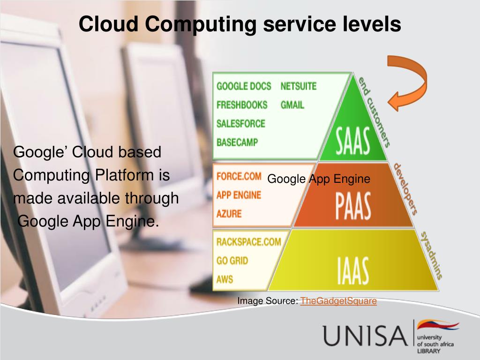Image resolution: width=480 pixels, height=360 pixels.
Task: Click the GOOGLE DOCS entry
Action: pyautogui.click(x=244, y=86)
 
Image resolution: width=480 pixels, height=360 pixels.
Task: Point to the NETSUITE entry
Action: pyautogui.click(x=299, y=86)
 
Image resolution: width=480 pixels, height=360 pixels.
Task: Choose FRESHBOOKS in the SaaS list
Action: pyautogui.click(x=242, y=105)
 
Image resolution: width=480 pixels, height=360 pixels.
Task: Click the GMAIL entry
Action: pyautogui.click(x=292, y=105)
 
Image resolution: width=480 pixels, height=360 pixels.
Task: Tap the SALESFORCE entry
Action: pyautogui.click(x=241, y=124)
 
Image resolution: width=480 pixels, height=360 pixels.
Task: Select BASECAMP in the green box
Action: pyautogui.click(x=237, y=142)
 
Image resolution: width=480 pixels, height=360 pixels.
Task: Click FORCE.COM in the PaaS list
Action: pyautogui.click(x=239, y=177)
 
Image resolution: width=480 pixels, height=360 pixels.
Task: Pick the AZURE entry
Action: pyautogui.click(x=229, y=214)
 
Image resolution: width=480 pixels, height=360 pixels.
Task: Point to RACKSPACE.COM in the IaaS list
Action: pyautogui.click(x=248, y=242)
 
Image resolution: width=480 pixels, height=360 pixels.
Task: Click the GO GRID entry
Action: pyautogui.click(x=232, y=261)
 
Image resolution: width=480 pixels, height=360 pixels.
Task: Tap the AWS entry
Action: pyautogui.click(x=225, y=279)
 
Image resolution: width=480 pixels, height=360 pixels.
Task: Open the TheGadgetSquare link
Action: pyautogui.click(x=338, y=301)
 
